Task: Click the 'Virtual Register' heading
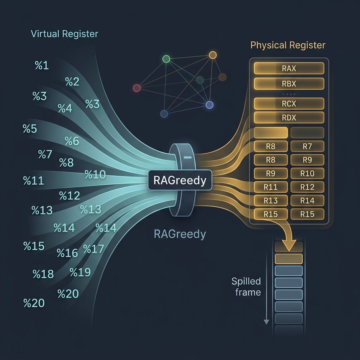[64, 34]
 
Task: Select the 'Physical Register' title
[288, 45]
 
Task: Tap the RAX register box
[289, 69]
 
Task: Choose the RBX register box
[289, 84]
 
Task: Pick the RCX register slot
[289, 104]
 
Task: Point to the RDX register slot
[289, 118]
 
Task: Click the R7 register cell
[307, 146]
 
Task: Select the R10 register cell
[307, 173]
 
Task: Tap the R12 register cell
[307, 187]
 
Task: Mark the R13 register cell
[270, 201]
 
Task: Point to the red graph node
[137, 88]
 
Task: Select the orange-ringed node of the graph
[212, 55]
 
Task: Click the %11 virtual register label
[33, 181]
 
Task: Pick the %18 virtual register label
[43, 274]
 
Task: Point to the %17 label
[94, 249]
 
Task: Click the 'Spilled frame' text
[246, 287]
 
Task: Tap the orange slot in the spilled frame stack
[288, 259]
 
